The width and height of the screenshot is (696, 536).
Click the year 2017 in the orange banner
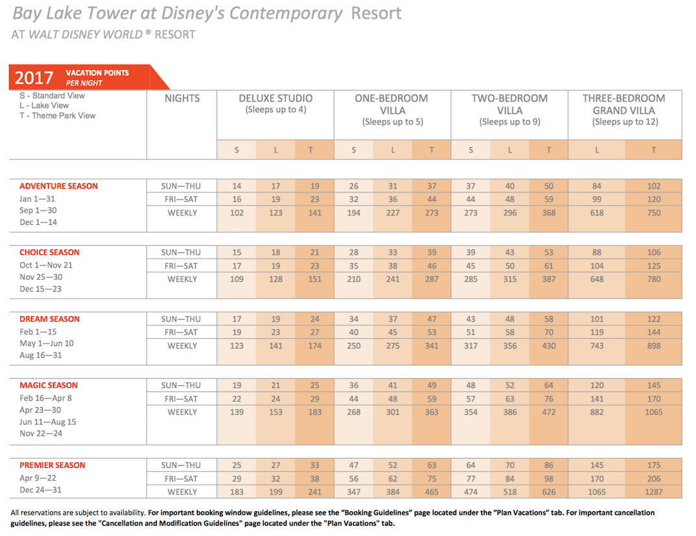point(34,78)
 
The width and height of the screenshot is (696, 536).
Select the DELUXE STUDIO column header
point(275,98)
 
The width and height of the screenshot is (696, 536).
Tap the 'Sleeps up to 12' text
point(625,122)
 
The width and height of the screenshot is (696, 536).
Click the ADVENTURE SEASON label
point(58,186)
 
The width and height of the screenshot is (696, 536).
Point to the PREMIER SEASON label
point(52,465)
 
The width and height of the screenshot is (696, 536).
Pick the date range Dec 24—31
point(40,490)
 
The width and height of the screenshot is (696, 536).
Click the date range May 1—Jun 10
point(47,344)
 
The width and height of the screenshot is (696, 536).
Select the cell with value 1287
point(653,492)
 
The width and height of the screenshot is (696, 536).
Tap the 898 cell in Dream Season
point(653,345)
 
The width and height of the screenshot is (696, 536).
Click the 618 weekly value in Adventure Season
point(597,213)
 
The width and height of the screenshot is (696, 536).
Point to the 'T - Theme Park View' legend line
point(57,115)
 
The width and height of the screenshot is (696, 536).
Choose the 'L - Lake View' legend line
point(44,105)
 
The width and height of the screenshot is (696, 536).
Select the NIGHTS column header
point(182,98)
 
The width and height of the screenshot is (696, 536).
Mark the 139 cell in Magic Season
point(237,412)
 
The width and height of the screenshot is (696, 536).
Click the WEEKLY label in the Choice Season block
point(182,279)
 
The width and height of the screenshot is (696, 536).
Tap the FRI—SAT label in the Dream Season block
point(181,332)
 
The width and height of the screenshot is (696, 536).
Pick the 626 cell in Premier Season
point(549,492)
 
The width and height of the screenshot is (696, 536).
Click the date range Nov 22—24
point(41,434)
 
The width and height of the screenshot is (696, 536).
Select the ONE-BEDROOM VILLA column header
point(392,104)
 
